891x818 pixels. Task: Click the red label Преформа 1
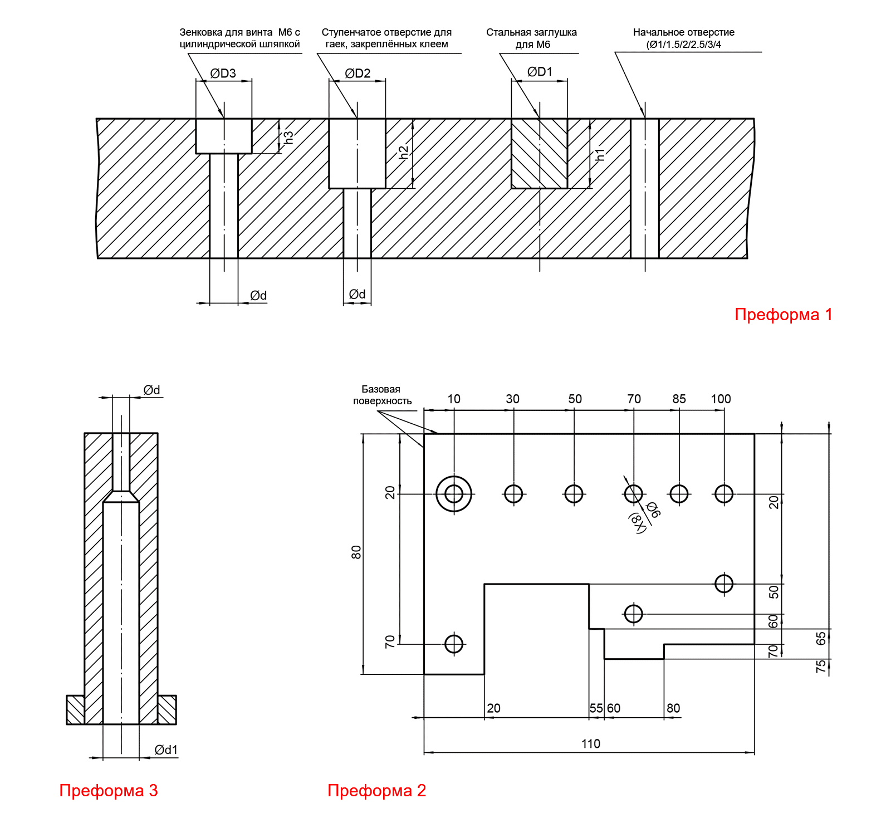[783, 315]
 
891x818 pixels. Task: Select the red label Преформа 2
[376, 790]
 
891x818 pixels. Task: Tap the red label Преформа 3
[109, 790]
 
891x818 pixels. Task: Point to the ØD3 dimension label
[223, 74]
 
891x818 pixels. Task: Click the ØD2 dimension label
[358, 74]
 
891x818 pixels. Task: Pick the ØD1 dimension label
[540, 72]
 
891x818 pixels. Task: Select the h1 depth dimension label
[600, 154]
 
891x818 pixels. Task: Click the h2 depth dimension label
[404, 152]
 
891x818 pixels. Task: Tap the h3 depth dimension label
[288, 137]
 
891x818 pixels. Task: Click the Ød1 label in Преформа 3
[166, 750]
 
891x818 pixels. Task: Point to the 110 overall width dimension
[590, 743]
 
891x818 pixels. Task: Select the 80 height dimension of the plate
[356, 552]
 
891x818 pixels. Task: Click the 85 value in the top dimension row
[679, 399]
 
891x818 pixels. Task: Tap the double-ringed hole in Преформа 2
[454, 493]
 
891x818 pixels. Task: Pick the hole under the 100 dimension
[723, 493]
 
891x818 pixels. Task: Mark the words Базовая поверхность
[382, 395]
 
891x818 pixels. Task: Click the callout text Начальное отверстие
[683, 32]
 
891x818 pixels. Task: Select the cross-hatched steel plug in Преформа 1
[539, 154]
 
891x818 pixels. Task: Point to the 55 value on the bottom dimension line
[596, 708]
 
